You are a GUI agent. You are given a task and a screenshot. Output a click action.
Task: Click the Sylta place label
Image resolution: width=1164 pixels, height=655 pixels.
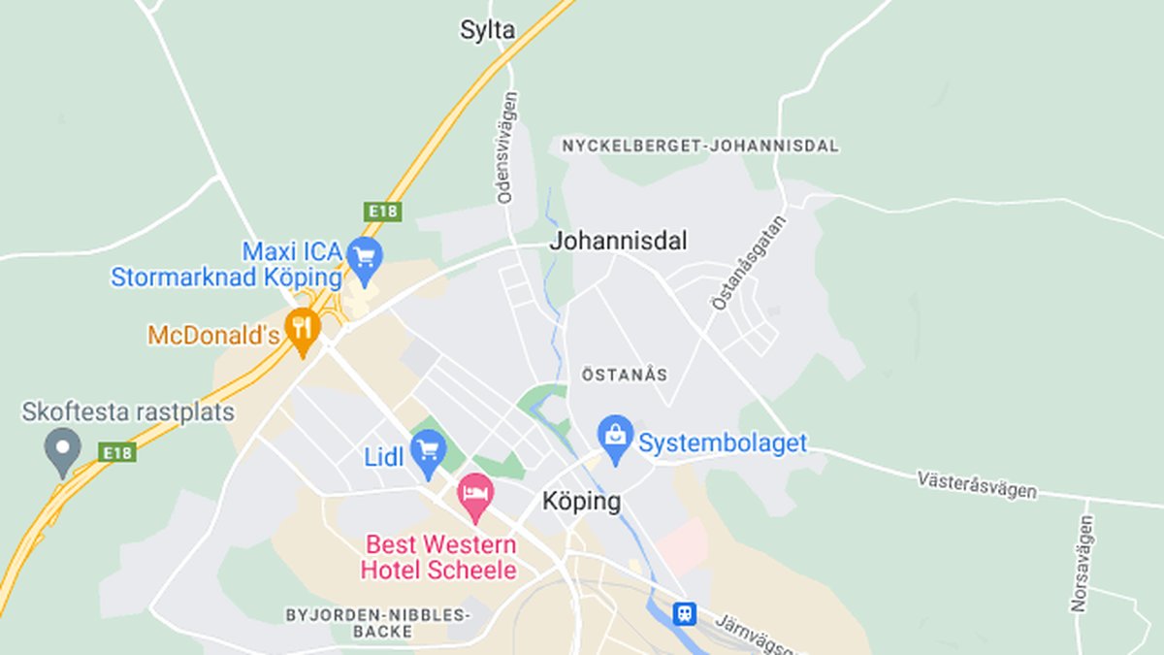click(487, 31)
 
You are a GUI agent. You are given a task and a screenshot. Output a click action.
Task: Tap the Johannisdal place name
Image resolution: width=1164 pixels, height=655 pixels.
click(618, 241)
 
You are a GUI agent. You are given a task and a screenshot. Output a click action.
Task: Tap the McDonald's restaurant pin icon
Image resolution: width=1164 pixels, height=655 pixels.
click(304, 329)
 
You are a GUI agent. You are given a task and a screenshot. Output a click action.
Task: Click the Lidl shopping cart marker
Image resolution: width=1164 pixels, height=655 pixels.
click(428, 452)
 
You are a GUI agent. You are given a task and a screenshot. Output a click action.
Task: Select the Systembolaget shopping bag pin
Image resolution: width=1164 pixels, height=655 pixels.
click(615, 437)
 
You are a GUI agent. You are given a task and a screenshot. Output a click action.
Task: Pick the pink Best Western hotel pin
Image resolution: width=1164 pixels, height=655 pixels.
click(475, 496)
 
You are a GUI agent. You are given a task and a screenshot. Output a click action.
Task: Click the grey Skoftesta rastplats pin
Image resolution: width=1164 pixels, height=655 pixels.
click(63, 450)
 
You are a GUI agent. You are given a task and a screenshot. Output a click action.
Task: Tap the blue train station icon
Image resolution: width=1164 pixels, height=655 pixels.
click(685, 613)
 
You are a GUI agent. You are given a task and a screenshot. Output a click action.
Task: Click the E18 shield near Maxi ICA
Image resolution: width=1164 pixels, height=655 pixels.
click(383, 211)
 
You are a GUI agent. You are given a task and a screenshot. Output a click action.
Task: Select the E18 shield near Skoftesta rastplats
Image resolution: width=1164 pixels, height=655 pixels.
click(117, 452)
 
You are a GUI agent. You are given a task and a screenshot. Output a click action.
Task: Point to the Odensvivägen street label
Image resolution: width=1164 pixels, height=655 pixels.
click(507, 147)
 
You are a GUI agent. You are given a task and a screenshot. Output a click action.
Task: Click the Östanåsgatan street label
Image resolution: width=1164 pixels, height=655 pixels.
click(749, 262)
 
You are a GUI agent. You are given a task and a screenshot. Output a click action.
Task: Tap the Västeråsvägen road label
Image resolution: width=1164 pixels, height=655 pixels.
click(976, 484)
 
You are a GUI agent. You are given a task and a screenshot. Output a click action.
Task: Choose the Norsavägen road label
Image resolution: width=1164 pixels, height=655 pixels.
click(1083, 563)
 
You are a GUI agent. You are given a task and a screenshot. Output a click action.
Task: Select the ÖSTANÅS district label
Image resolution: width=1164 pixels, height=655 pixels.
click(625, 374)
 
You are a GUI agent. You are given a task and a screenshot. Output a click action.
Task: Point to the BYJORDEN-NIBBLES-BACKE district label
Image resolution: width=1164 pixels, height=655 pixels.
click(377, 623)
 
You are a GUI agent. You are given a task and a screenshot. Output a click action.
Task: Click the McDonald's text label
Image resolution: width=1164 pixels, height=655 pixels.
click(213, 336)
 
